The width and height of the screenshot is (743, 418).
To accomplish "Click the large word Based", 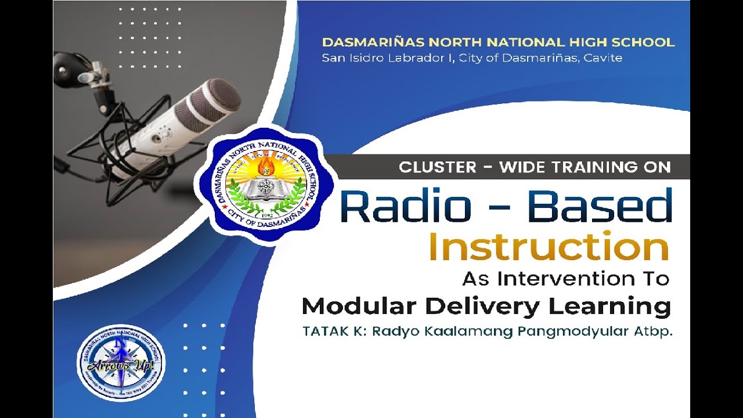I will pyautogui.click(x=600, y=206).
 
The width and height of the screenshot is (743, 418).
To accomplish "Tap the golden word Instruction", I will pyautogui.click(x=549, y=246).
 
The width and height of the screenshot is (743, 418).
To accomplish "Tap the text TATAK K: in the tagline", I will pyautogui.click(x=334, y=332).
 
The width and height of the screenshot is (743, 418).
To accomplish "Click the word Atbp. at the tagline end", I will pyautogui.click(x=654, y=332).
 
